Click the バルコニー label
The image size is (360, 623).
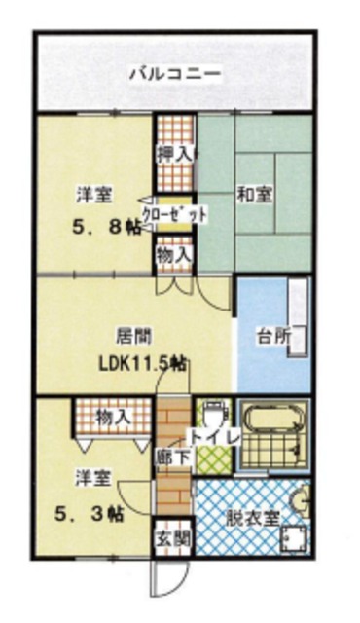(x=175, y=73)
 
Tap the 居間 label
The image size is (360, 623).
(x=133, y=336)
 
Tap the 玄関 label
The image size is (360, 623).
(x=172, y=541)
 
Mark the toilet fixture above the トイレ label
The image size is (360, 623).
(x=213, y=411)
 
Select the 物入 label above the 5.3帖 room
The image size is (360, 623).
(x=114, y=417)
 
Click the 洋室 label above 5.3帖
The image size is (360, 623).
(x=93, y=478)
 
